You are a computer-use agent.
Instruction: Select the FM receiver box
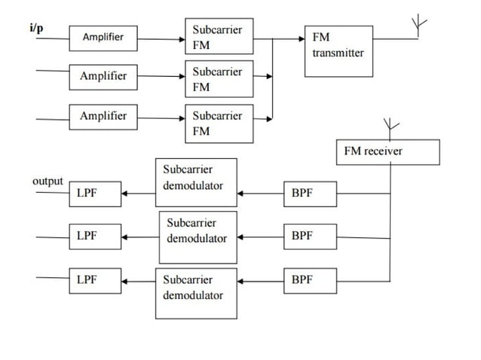(387, 151)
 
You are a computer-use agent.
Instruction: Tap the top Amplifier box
(103, 37)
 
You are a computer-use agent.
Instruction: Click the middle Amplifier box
(104, 77)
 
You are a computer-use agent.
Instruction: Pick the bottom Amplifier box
(104, 117)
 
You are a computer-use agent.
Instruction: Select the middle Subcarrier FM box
(219, 80)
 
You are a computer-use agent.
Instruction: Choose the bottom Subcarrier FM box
(219, 124)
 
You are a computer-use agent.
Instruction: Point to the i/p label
(36, 28)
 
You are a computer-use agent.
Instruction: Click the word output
(47, 182)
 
